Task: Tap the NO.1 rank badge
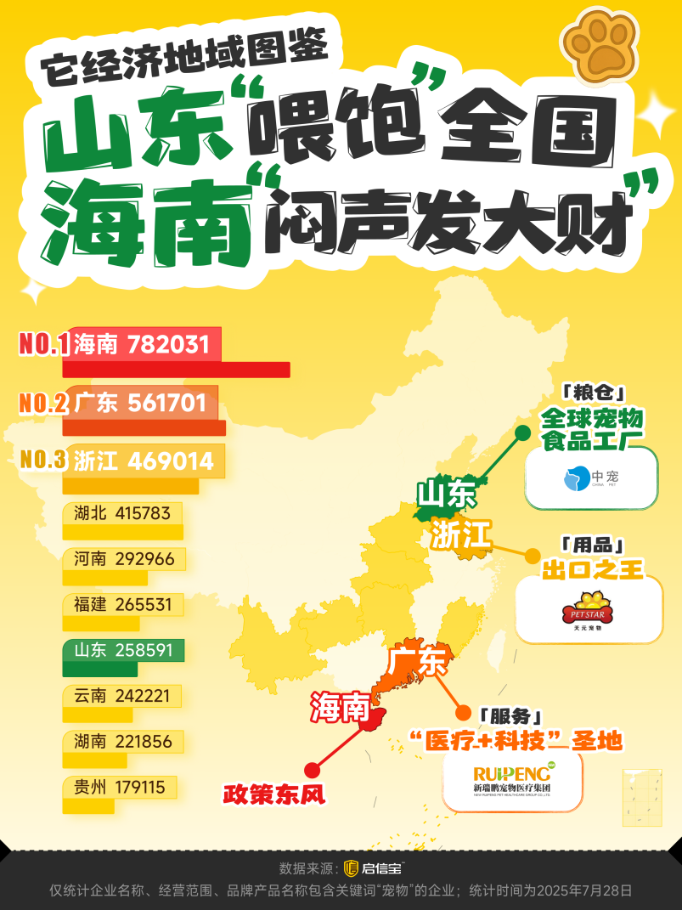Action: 42,344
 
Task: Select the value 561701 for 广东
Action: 166,402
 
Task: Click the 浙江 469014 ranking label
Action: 144,460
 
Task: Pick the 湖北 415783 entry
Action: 122,513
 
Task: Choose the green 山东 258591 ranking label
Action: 123,651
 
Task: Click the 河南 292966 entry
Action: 124,559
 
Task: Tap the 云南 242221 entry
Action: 122,696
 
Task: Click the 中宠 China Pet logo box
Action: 591,478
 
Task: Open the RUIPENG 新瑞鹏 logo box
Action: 513,780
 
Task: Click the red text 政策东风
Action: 274,794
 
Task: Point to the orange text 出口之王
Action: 593,568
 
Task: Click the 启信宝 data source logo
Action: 374,868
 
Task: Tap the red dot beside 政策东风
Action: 312,770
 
